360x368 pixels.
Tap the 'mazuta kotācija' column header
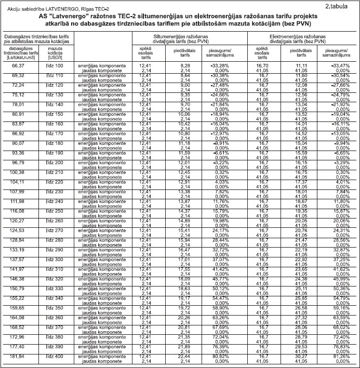click(x=55, y=53)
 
